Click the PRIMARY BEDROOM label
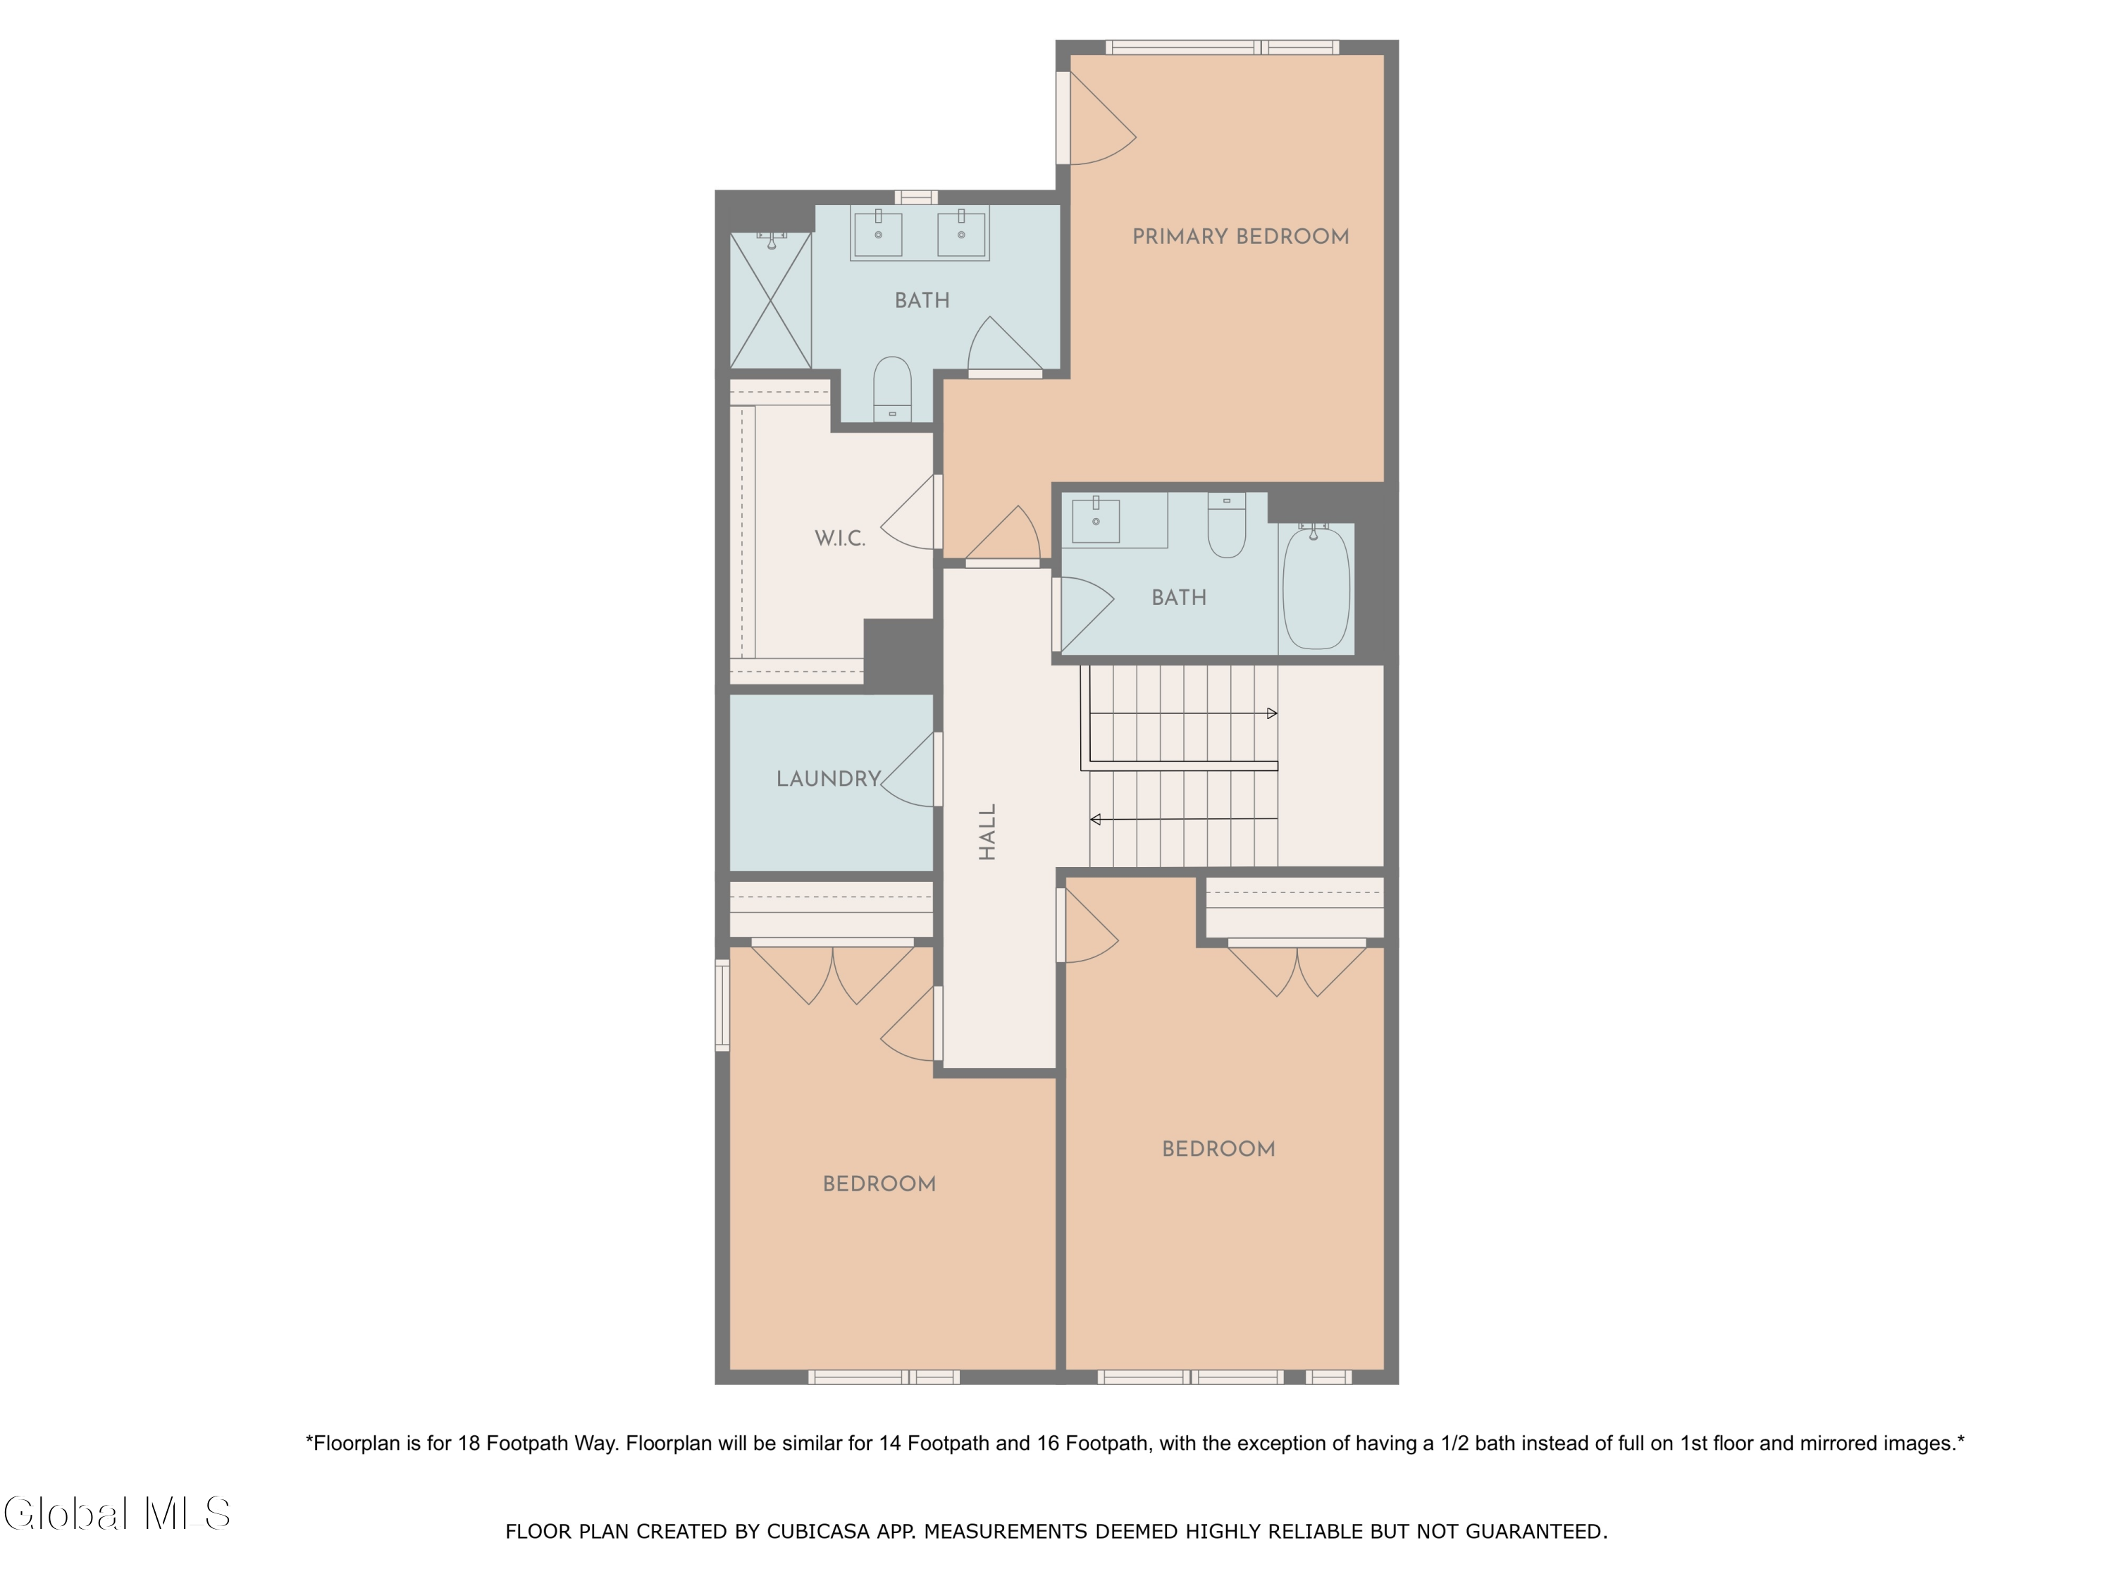1240,236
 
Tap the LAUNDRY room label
828,778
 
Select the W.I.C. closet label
839,539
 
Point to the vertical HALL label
987,831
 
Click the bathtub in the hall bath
1316,589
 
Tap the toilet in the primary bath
891,389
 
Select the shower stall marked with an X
770,300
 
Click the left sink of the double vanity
877,234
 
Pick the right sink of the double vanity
960,234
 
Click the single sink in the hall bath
1095,521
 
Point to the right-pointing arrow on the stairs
1271,713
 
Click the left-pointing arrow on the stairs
1095,819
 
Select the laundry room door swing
910,770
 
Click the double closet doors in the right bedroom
1297,969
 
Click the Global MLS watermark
116,1513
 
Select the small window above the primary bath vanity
915,197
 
